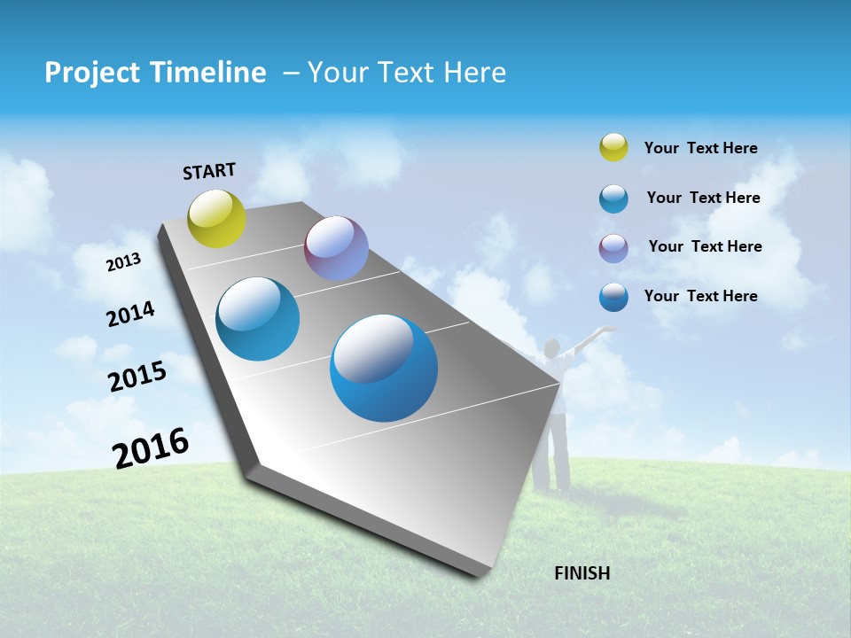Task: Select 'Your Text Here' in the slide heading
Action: click(x=407, y=73)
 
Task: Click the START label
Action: click(x=209, y=171)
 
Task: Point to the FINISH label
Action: click(x=582, y=573)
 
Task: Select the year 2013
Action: click(x=123, y=262)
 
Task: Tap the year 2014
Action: click(x=130, y=314)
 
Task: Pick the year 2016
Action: click(x=150, y=448)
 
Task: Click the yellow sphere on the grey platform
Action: click(x=217, y=218)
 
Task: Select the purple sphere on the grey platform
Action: click(x=336, y=248)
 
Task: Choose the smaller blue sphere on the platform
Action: click(x=258, y=319)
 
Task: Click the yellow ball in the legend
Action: click(x=613, y=147)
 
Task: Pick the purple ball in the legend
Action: click(x=613, y=248)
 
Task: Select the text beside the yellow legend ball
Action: click(x=700, y=148)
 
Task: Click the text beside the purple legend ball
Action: click(x=705, y=246)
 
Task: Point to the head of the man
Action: click(x=552, y=347)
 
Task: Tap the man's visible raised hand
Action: click(x=607, y=330)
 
